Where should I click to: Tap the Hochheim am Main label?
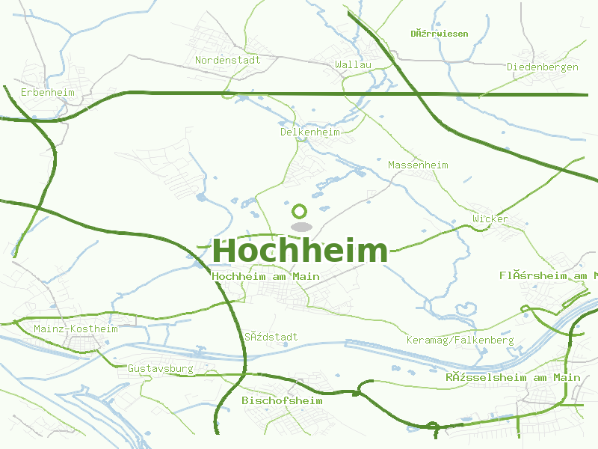(x=266, y=276)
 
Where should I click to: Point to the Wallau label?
(x=354, y=65)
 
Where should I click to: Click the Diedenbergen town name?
(x=543, y=67)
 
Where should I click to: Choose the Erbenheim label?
(x=48, y=92)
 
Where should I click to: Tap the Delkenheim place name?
(x=309, y=132)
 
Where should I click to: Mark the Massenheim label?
(x=418, y=165)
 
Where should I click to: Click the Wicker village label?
(x=490, y=219)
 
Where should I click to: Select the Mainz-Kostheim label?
(x=75, y=329)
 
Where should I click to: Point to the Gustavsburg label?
(x=160, y=368)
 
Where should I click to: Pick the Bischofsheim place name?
(x=282, y=400)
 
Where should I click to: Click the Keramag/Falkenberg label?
(x=460, y=340)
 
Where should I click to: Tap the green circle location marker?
(x=300, y=212)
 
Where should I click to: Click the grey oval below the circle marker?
(x=300, y=226)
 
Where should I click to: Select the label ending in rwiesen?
(x=440, y=34)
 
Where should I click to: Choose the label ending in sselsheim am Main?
(x=513, y=377)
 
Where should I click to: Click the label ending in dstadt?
(x=271, y=337)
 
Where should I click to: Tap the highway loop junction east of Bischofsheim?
(x=432, y=427)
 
